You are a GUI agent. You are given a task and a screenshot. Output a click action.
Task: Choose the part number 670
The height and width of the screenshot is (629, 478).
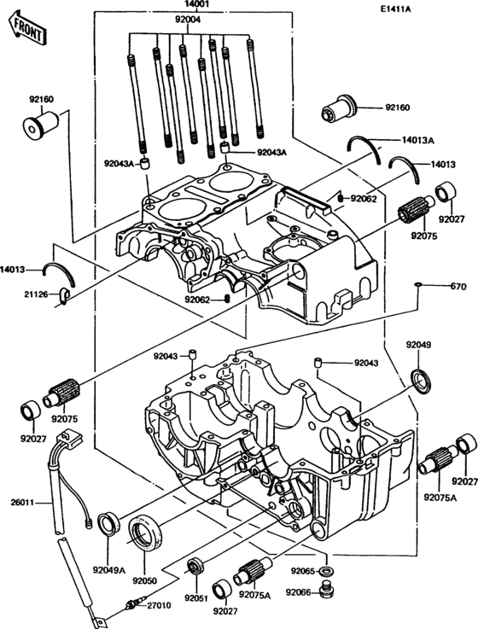pyautogui.click(x=459, y=286)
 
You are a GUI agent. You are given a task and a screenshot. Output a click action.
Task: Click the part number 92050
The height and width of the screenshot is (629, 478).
pyautogui.click(x=145, y=580)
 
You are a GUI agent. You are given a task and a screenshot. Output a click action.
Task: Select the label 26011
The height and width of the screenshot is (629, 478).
pyautogui.click(x=21, y=503)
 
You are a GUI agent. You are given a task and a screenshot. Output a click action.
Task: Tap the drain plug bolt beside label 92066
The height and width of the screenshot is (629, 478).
pyautogui.click(x=325, y=590)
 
